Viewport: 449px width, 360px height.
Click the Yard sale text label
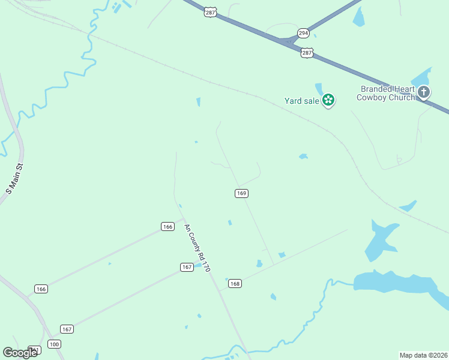[x=302, y=101]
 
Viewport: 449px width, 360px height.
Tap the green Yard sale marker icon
[x=328, y=100]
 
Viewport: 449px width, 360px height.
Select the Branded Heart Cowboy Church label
[x=387, y=93]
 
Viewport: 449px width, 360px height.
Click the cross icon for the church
[x=424, y=92]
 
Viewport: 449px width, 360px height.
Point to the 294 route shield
[x=304, y=33]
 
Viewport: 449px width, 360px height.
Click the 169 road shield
[x=241, y=193]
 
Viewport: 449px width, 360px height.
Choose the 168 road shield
[x=235, y=283]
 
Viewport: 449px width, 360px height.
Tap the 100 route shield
[x=55, y=344]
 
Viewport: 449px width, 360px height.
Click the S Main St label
[x=14, y=179]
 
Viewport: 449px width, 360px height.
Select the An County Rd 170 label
[x=197, y=248]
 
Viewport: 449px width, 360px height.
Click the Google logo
[x=20, y=352]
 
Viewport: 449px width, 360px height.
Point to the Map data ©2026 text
[x=423, y=355]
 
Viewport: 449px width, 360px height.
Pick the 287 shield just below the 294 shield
[x=307, y=53]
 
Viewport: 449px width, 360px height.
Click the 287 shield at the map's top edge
[x=210, y=11]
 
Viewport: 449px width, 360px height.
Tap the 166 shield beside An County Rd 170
[x=167, y=226]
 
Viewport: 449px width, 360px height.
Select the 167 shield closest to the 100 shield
[x=67, y=329]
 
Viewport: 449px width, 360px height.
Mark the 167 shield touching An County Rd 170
[x=187, y=267]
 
